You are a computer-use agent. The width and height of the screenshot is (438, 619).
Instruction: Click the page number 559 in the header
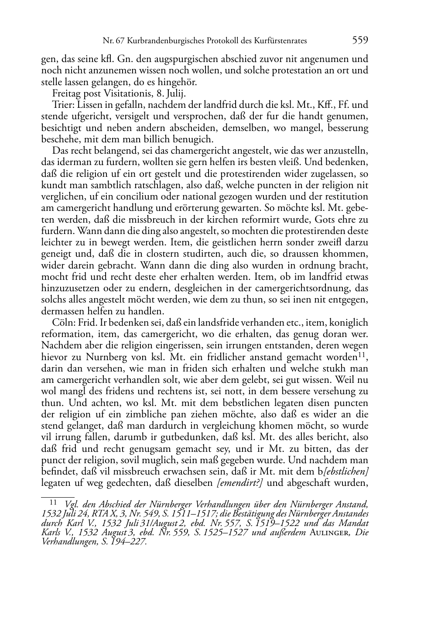tap(360, 41)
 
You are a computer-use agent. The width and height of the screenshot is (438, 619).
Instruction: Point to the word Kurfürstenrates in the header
tap(282, 41)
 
